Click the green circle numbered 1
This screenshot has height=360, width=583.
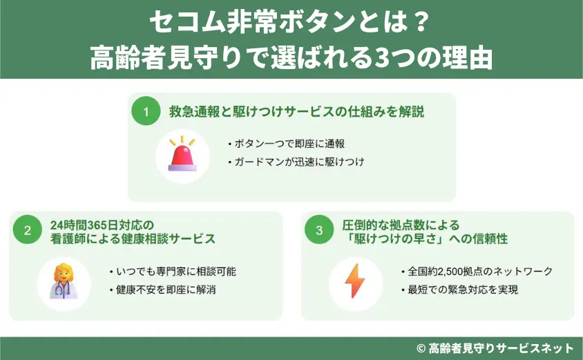146,111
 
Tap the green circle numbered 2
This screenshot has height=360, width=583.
28,231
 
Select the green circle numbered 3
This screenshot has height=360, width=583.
319,231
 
